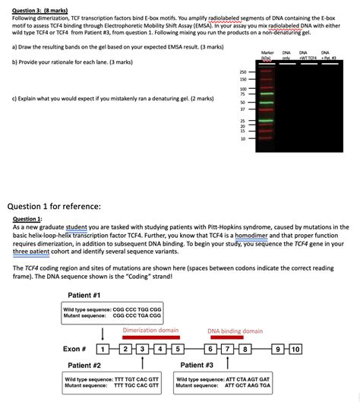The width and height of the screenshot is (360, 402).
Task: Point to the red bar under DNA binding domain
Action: pos(235,338)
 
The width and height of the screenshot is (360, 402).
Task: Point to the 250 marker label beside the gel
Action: pos(243,71)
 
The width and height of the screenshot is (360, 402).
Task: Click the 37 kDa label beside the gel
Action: pos(243,109)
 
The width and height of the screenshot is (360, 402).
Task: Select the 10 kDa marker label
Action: pos(243,138)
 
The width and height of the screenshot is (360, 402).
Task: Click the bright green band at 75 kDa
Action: pos(265,94)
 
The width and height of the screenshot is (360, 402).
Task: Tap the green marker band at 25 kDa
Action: pos(265,120)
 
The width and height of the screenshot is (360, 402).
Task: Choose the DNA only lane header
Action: pos(286,55)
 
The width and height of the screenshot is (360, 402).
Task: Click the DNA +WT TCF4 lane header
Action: pos(308,55)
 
